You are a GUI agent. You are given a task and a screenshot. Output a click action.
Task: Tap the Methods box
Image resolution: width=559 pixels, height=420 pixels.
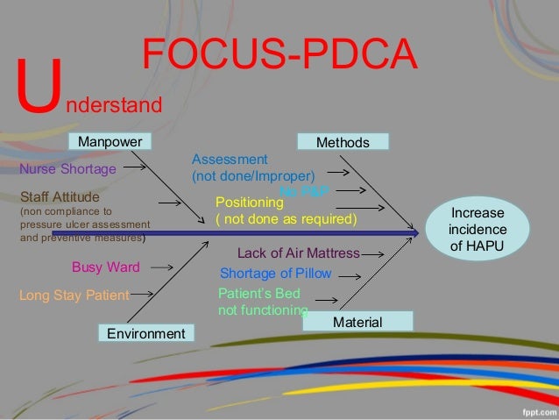[x=343, y=142]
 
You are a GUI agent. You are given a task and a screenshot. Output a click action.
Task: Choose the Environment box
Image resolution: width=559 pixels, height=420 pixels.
[x=145, y=333]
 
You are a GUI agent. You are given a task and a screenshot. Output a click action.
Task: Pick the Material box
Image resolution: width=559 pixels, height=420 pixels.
[x=357, y=323]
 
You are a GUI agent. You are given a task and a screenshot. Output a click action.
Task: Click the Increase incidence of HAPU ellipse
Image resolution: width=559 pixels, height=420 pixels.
[x=478, y=230]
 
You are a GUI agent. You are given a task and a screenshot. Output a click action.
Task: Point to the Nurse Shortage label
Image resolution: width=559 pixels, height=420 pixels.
[x=67, y=168]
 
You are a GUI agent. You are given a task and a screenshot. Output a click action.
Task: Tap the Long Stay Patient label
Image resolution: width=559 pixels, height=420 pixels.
[x=74, y=295]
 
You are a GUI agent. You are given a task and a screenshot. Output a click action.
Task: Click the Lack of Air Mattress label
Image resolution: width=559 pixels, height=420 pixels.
[x=299, y=253]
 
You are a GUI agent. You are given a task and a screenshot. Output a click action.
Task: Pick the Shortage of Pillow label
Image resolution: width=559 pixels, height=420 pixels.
[x=275, y=273]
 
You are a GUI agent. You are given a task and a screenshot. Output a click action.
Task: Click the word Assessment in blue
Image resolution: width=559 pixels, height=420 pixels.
[x=230, y=160]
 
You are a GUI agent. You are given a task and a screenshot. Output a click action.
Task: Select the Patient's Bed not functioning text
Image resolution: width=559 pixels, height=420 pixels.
[x=262, y=301]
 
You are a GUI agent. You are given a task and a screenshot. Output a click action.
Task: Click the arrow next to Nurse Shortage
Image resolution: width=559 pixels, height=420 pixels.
[x=135, y=164]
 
